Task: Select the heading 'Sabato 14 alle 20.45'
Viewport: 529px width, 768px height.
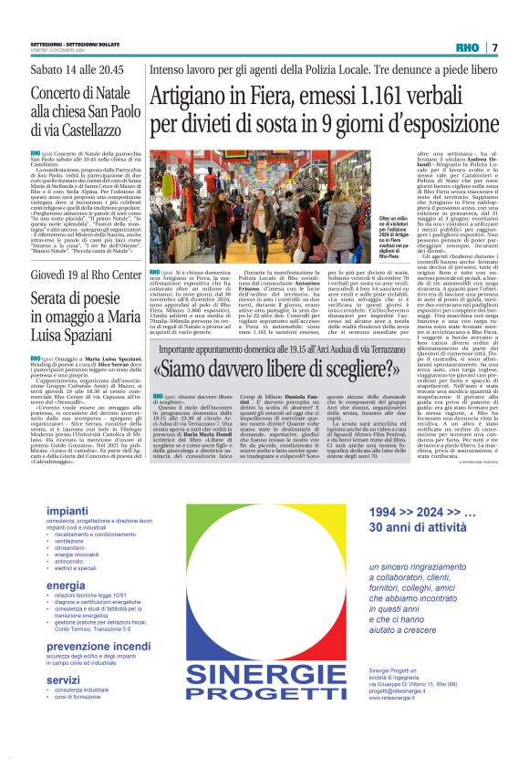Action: (78, 69)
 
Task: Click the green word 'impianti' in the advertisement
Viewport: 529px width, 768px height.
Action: (67, 510)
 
